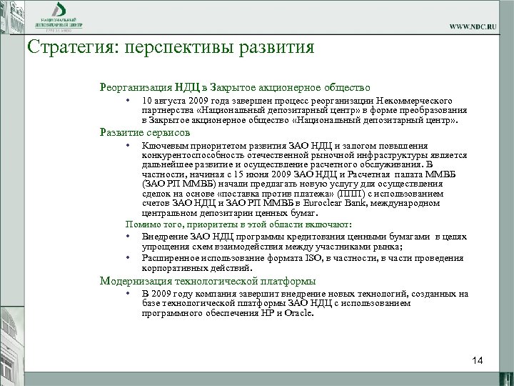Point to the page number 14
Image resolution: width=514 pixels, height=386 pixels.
pos(478,360)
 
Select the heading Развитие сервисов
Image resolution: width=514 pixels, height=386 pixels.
pos(145,132)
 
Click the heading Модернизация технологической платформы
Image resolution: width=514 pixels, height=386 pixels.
pos(208,281)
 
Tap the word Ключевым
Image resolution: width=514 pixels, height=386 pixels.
pos(163,147)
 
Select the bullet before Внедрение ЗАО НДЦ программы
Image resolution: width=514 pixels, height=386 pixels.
pos(126,237)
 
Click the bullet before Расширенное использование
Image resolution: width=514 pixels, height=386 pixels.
pos(126,257)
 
